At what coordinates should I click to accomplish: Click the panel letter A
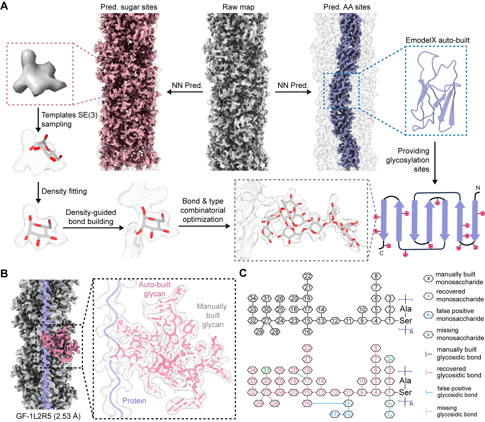4,6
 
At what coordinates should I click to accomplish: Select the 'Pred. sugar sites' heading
129,7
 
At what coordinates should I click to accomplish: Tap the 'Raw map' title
238,7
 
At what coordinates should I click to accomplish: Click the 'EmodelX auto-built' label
437,40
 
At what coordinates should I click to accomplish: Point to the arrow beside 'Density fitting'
38,193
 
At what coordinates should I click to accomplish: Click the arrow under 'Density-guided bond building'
94,228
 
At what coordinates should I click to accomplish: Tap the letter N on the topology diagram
478,188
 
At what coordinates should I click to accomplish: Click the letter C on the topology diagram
381,253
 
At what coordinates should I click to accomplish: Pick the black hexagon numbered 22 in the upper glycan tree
307,276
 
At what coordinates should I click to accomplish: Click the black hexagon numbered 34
253,298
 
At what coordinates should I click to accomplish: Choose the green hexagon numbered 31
266,370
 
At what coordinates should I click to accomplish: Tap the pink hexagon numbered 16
307,403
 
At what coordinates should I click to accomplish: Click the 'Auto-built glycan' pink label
155,289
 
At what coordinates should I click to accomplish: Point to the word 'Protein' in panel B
134,401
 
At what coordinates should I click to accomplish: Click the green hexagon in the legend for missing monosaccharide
428,335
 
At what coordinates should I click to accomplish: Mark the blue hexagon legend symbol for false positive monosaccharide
428,315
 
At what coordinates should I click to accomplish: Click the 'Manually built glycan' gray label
212,315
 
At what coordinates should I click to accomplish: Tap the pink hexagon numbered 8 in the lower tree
376,348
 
